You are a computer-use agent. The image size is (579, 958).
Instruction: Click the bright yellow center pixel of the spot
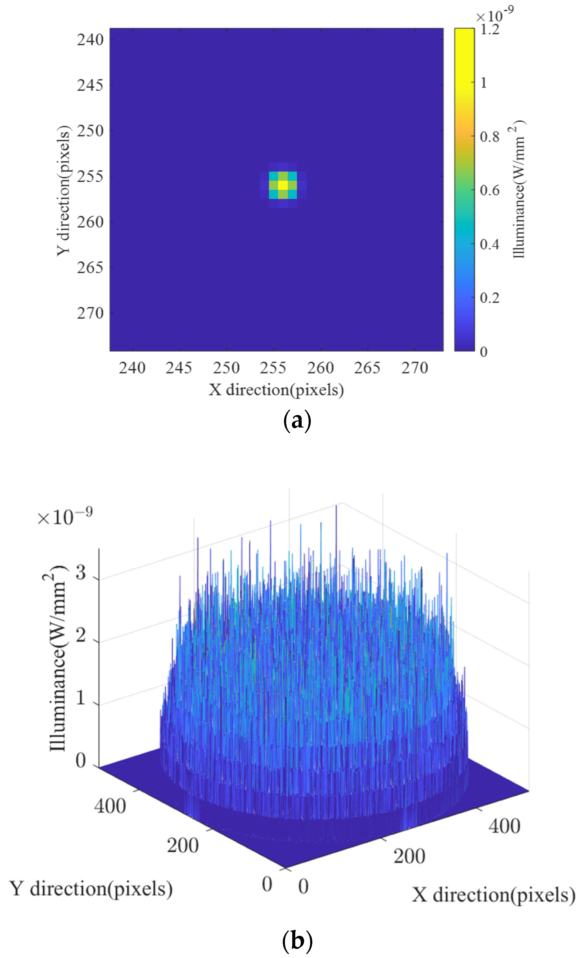[283, 185]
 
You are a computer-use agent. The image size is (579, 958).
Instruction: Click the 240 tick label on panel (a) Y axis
[90, 40]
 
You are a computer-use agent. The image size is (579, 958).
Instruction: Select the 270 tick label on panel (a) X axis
[415, 368]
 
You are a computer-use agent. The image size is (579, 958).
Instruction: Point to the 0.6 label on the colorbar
[490, 191]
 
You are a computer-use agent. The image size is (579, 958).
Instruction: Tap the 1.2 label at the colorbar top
[490, 29]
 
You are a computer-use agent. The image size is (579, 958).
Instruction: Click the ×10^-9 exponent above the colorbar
[494, 15]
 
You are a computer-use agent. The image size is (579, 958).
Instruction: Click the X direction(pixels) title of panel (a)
[276, 390]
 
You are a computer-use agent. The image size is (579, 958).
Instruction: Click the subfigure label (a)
[297, 421]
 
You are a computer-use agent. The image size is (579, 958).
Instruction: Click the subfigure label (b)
[297, 941]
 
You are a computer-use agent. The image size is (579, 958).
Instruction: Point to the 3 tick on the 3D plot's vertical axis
[81, 573]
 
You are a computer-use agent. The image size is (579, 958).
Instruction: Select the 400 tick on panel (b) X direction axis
[504, 826]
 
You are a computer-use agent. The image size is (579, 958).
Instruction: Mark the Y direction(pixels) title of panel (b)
[91, 889]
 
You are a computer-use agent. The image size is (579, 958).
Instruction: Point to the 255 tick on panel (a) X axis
[273, 368]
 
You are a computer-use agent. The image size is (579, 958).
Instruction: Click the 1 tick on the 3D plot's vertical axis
[81, 698]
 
